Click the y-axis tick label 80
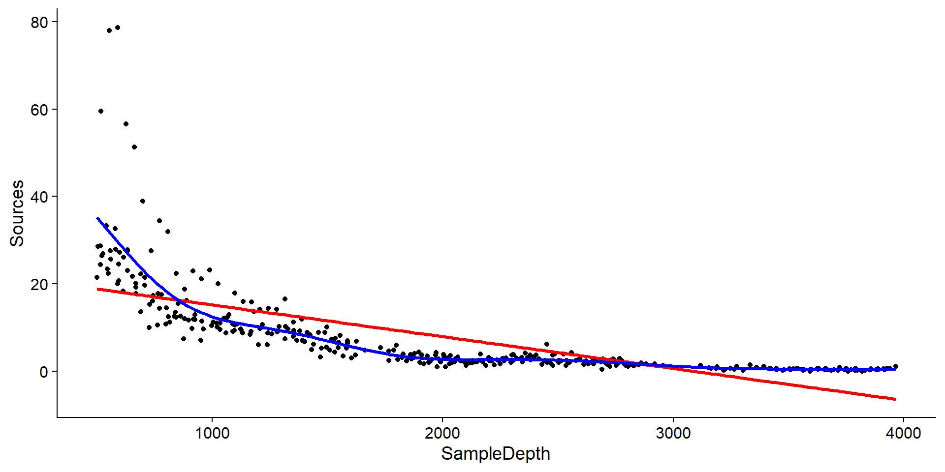(39, 23)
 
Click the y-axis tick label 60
(39, 110)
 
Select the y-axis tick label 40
(39, 197)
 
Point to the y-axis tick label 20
(39, 285)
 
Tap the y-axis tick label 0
(44, 372)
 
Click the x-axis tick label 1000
(212, 434)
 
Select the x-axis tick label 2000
(442, 434)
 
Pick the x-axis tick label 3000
(673, 434)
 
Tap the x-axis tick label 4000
(903, 434)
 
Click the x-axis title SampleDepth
(495, 454)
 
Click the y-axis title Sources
(17, 213)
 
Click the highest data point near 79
(118, 28)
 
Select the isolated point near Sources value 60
(101, 111)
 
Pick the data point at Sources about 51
(134, 147)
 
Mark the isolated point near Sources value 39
(143, 201)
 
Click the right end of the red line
(895, 399)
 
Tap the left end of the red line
(98, 289)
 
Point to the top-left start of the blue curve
(98, 218)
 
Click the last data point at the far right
(896, 366)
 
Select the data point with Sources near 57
(126, 124)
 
